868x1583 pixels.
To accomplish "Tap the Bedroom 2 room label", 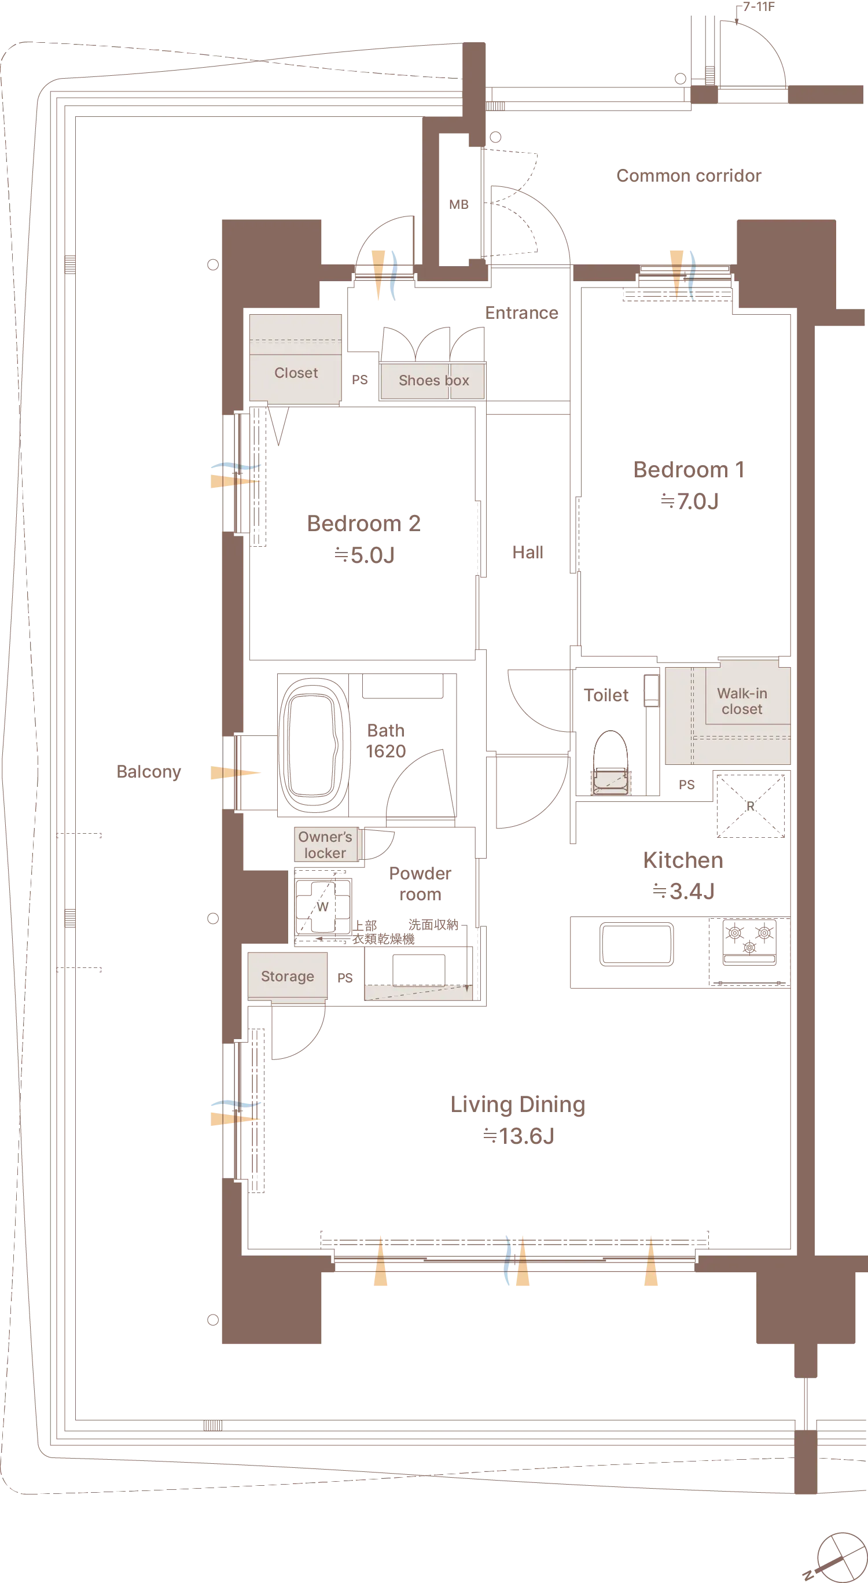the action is click(x=364, y=524).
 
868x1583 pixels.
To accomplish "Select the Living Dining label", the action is click(x=517, y=1105).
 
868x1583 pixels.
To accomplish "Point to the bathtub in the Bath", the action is click(x=314, y=744).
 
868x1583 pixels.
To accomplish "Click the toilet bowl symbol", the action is click(x=610, y=763).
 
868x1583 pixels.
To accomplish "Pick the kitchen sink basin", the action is click(x=637, y=943).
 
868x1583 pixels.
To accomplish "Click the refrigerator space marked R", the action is click(x=751, y=805).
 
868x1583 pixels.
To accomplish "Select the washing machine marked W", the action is click(x=323, y=907).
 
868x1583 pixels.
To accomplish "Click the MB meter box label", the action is click(x=458, y=205).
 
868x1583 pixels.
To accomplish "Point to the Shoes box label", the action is click(x=434, y=380).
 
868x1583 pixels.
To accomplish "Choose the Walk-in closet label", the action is click(x=742, y=701).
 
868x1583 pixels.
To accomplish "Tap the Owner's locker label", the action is click(x=325, y=845).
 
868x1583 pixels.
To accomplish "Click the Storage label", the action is click(x=287, y=977).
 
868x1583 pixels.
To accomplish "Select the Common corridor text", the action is click(x=689, y=176).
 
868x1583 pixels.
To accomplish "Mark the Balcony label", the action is click(x=149, y=772).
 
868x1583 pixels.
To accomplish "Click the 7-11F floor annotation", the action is click(x=759, y=7).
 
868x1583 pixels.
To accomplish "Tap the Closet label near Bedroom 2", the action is click(x=296, y=373).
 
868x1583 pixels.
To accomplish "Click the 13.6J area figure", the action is click(x=526, y=1136).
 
